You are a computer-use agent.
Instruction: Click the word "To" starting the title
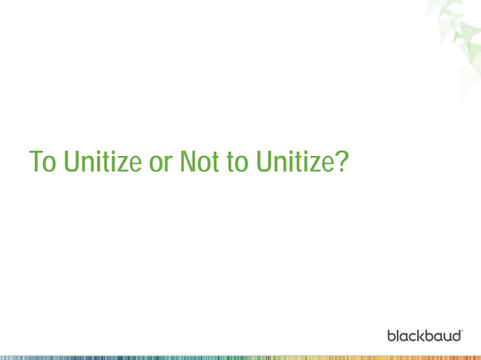coord(43,161)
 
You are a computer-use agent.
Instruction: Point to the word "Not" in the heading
coord(198,161)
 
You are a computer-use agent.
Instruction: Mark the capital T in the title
coord(37,161)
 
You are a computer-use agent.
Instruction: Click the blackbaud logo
coord(424,334)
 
